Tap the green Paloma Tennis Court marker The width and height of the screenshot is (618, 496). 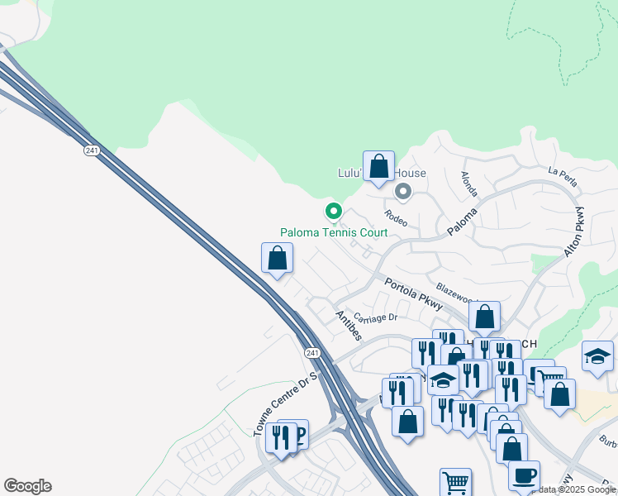click(334, 212)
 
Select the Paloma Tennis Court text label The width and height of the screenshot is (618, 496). click(334, 233)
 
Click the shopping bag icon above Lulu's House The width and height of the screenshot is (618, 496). click(378, 166)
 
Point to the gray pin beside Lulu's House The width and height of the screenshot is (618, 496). click(403, 193)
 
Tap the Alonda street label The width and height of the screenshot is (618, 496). click(468, 184)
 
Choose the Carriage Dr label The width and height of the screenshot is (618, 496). click(376, 317)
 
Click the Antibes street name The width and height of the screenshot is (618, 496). click(349, 325)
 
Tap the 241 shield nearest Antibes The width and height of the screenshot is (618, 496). click(312, 353)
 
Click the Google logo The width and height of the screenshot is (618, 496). click(27, 486)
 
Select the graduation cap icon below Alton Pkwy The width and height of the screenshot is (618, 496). click(597, 356)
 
